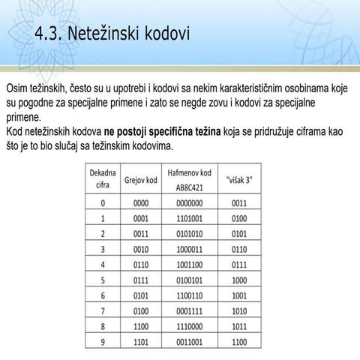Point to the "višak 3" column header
pyautogui.click(x=240, y=179)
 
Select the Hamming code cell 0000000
pyautogui.click(x=189, y=202)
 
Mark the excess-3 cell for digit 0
pyautogui.click(x=239, y=202)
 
